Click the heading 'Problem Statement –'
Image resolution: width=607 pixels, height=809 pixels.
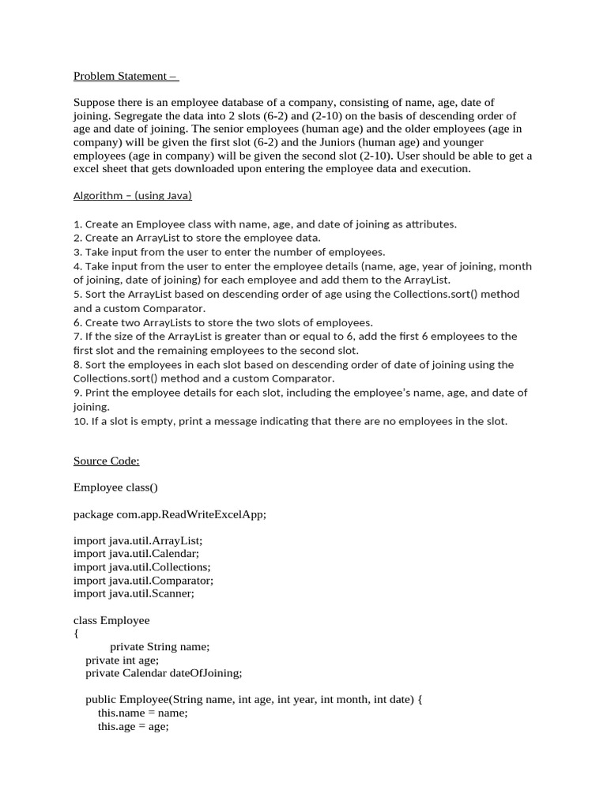point(126,76)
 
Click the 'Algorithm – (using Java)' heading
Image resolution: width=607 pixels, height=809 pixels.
point(133,195)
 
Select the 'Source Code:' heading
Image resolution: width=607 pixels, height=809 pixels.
point(106,461)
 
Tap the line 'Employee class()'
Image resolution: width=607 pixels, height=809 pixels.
point(115,487)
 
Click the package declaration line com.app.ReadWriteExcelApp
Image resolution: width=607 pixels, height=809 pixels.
point(170,514)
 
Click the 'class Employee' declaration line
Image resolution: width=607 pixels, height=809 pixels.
point(111,620)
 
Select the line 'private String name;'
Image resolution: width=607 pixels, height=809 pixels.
point(160,646)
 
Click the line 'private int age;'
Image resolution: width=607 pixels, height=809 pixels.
point(123,660)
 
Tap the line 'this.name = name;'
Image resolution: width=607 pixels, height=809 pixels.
point(143,713)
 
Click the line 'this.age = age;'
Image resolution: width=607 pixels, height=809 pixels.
point(134,726)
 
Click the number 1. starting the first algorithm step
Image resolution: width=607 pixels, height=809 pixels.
point(77,224)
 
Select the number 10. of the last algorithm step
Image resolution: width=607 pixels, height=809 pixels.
point(81,421)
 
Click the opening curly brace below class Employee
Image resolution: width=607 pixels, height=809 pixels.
point(76,633)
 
